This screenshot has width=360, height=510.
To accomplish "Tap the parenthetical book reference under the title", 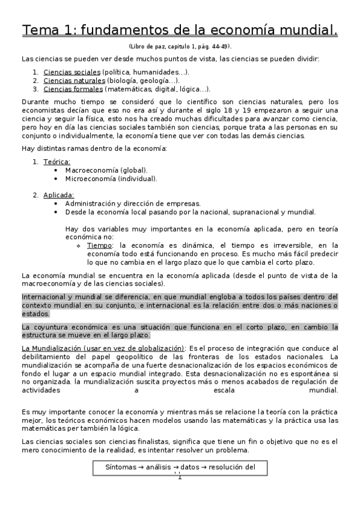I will pyautogui.click(x=180, y=46).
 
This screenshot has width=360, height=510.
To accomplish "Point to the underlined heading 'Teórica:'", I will pyautogui.click(x=56, y=162).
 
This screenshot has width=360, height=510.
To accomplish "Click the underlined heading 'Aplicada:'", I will pyautogui.click(x=59, y=195).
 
